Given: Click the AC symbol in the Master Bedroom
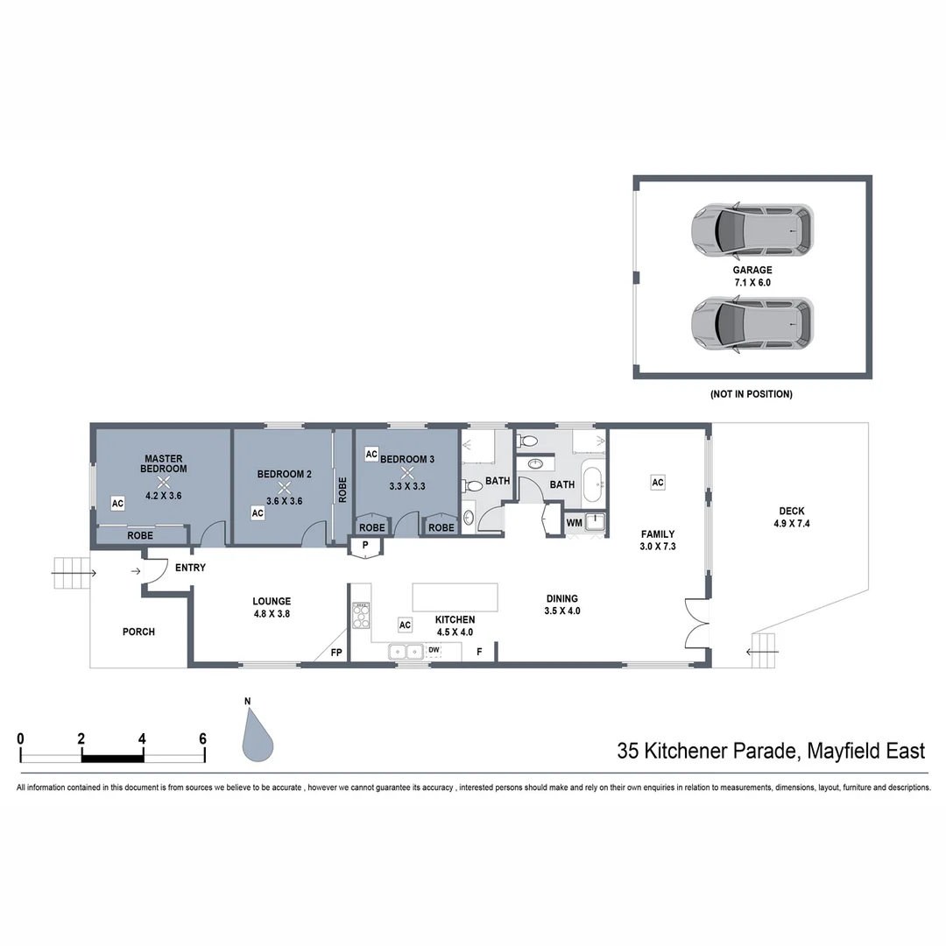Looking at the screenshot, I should [117, 503].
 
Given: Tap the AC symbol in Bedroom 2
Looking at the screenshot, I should [258, 513].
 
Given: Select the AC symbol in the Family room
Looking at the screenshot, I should [658, 482].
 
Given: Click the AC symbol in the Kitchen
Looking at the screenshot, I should [405, 625].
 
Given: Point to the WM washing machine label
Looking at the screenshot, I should [575, 523].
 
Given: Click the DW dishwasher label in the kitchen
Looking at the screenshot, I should [434, 650].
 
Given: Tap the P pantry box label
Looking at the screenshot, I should [365, 546].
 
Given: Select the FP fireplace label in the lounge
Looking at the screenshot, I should [335, 653].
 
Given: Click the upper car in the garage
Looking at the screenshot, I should [751, 229].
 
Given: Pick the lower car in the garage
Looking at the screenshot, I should [751, 323].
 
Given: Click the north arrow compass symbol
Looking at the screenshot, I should [257, 731].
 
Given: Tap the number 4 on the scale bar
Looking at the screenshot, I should [142, 738].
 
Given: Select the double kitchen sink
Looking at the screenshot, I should [405, 651].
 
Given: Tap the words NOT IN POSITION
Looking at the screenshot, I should [751, 394].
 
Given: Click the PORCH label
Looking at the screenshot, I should [138, 632].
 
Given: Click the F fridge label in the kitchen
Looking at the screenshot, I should [479, 652].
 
